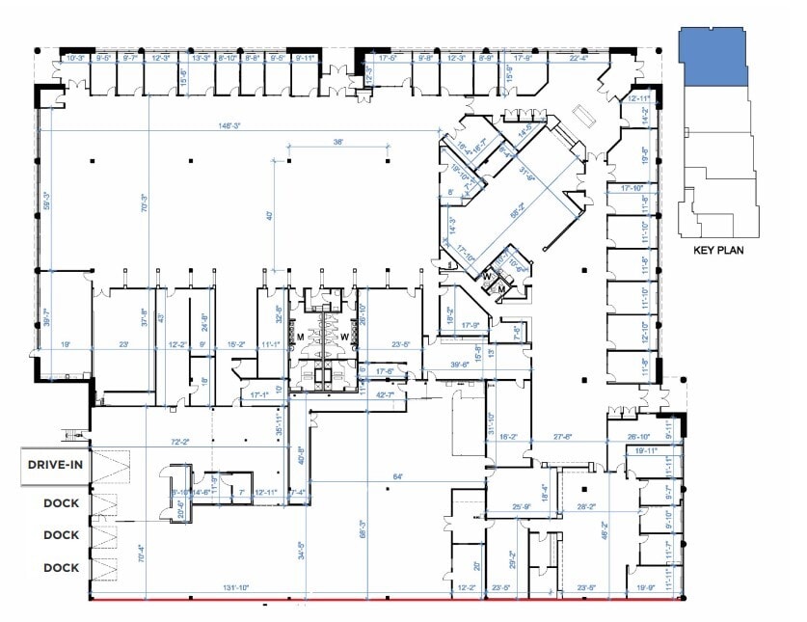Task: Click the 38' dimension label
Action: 338,141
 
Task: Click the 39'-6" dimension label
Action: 459,365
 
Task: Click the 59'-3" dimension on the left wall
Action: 44,201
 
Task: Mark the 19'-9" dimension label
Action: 644,586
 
